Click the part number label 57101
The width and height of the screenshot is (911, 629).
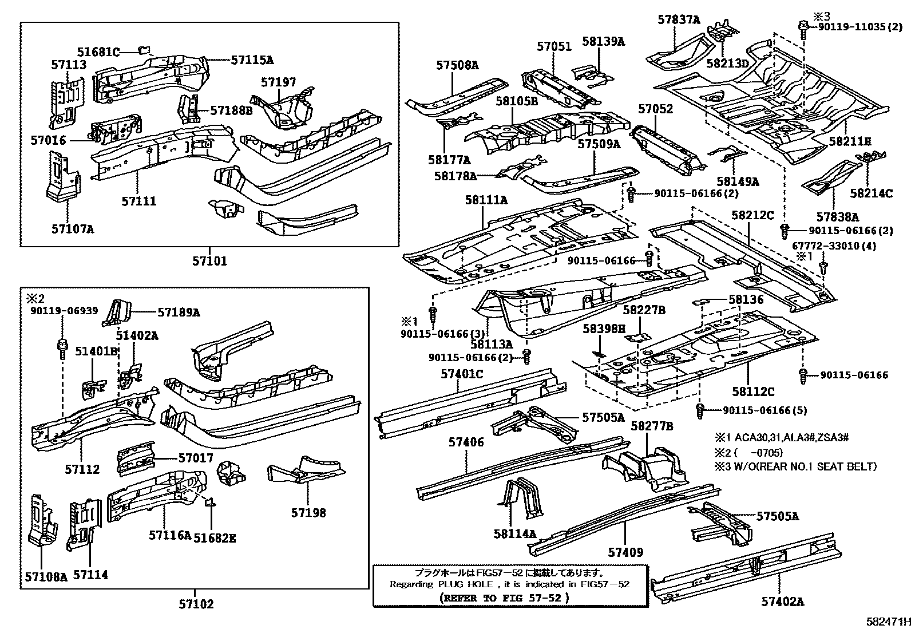(209, 261)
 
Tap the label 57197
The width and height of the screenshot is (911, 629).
(278, 82)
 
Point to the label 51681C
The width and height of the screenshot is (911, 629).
(98, 53)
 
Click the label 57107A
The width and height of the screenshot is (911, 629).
(73, 229)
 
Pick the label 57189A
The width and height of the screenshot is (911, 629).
(179, 312)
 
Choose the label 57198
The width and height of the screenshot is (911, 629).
(308, 513)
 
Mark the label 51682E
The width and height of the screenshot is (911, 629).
(215, 537)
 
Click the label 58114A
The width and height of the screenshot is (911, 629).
(515, 534)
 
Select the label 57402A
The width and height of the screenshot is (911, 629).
(782, 602)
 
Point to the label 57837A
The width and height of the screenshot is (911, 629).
(679, 20)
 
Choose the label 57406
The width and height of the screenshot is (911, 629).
(466, 442)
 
